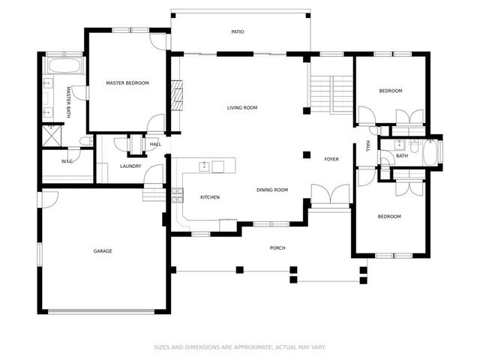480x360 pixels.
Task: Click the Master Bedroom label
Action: click(x=127, y=83)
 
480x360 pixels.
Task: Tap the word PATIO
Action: click(x=237, y=31)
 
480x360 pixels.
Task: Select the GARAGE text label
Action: click(x=103, y=251)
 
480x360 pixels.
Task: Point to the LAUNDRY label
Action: click(x=130, y=166)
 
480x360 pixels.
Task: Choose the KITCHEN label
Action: click(x=209, y=197)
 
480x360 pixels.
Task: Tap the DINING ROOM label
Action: click(x=271, y=190)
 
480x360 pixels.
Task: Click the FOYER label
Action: click(x=331, y=159)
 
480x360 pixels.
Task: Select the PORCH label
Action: click(x=277, y=248)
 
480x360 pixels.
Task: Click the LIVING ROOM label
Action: click(x=242, y=108)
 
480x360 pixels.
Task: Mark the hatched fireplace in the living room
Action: click(x=177, y=95)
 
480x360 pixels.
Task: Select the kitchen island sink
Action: click(x=203, y=166)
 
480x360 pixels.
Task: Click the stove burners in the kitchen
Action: click(x=178, y=195)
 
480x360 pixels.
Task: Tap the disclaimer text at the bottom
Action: click(x=240, y=347)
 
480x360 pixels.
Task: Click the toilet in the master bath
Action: click(x=85, y=141)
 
